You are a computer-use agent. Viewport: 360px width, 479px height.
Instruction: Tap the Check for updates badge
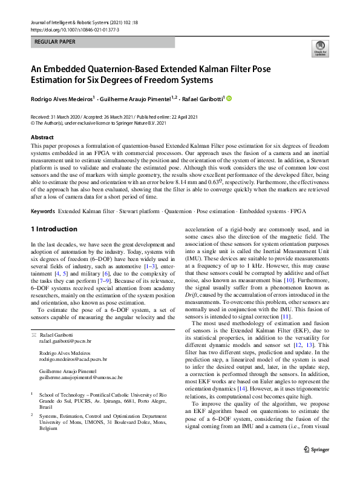click(x=319, y=49)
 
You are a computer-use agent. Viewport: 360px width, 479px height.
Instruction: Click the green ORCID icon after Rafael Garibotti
click(x=229, y=97)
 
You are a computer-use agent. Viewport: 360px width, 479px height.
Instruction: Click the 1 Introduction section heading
click(x=54, y=229)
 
